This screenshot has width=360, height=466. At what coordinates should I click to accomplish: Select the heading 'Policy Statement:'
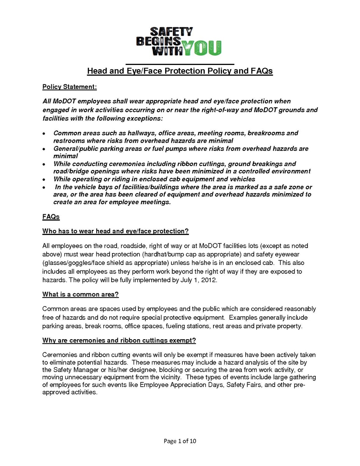coord(69,86)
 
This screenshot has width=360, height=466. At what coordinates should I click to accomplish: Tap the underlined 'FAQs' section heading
coord(51,216)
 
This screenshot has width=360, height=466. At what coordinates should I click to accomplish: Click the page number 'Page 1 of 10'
coord(183,441)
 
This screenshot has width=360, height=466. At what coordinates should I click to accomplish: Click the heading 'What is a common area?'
coord(80,294)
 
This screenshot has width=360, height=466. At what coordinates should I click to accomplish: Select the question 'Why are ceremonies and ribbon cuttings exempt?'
coord(119,341)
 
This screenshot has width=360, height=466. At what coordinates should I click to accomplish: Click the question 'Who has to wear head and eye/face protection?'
coord(115,231)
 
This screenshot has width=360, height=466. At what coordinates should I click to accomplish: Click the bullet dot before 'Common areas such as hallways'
coord(44,133)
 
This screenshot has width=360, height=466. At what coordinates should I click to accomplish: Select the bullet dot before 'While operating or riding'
coord(44,179)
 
